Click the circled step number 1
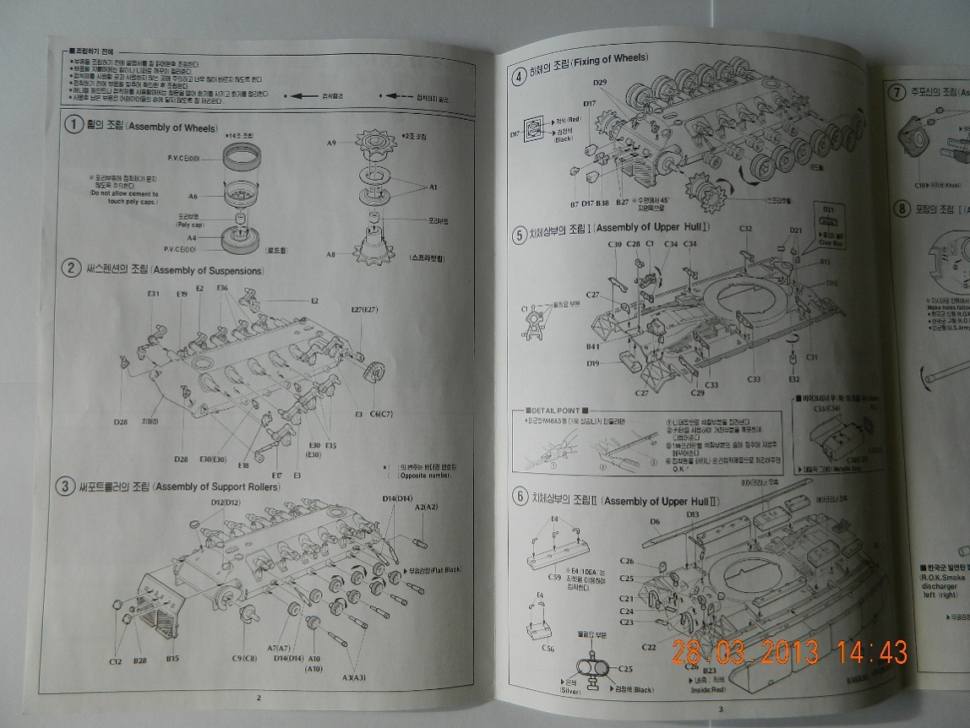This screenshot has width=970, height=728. pos(74,125)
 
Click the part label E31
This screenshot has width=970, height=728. pos(153,294)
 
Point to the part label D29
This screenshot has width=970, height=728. pos(599,82)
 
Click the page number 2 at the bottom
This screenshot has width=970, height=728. pos(259,697)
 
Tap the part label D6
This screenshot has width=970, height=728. pos(654,522)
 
